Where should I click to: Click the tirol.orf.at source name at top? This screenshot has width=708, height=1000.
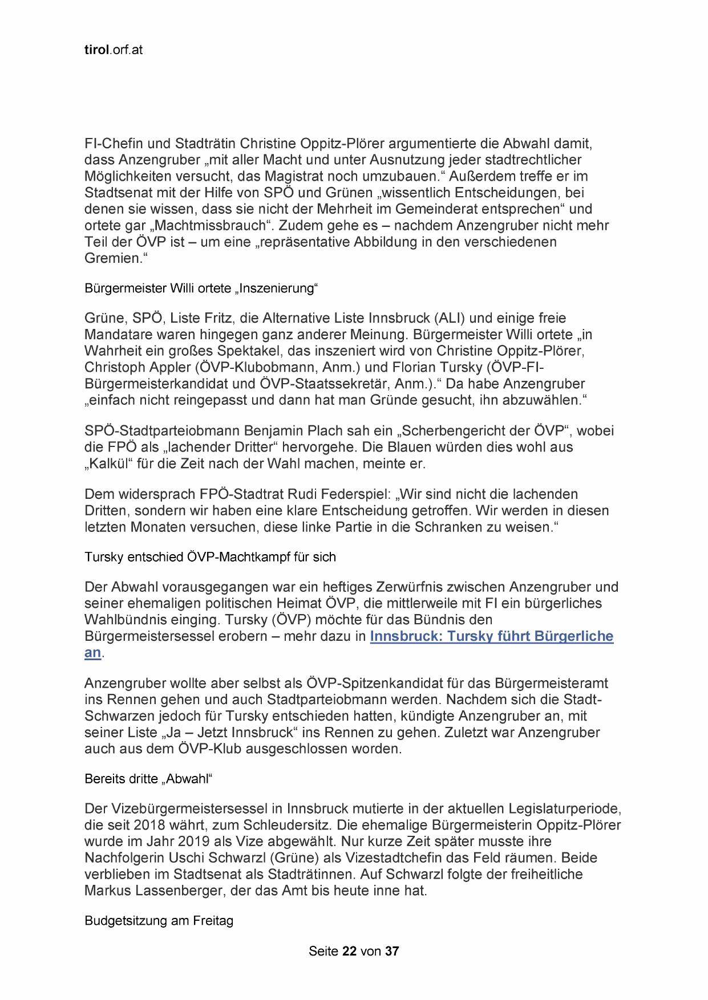click(113, 50)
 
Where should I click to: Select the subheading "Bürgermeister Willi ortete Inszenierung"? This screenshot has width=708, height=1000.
click(201, 288)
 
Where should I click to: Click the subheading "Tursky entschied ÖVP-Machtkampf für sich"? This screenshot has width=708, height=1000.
click(210, 557)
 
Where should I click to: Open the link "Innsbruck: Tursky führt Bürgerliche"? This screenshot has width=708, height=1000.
click(491, 636)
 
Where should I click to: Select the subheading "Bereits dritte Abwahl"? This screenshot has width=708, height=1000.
click(148, 779)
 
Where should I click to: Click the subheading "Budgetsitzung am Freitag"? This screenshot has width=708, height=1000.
click(159, 921)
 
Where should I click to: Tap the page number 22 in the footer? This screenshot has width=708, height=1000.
click(349, 951)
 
